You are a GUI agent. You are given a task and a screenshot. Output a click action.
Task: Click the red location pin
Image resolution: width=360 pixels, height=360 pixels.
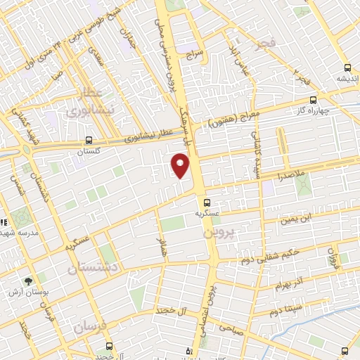click(181, 166)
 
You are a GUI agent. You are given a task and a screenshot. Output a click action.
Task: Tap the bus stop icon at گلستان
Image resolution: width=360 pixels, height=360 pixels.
click(88, 140)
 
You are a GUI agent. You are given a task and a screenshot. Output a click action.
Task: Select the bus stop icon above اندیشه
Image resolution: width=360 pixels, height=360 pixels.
click(347, 68)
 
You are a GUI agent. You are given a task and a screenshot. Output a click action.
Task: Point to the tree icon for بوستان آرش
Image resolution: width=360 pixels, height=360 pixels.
click(28, 280)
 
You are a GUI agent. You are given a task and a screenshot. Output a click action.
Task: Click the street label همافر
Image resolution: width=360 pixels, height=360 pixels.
click(161, 247)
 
